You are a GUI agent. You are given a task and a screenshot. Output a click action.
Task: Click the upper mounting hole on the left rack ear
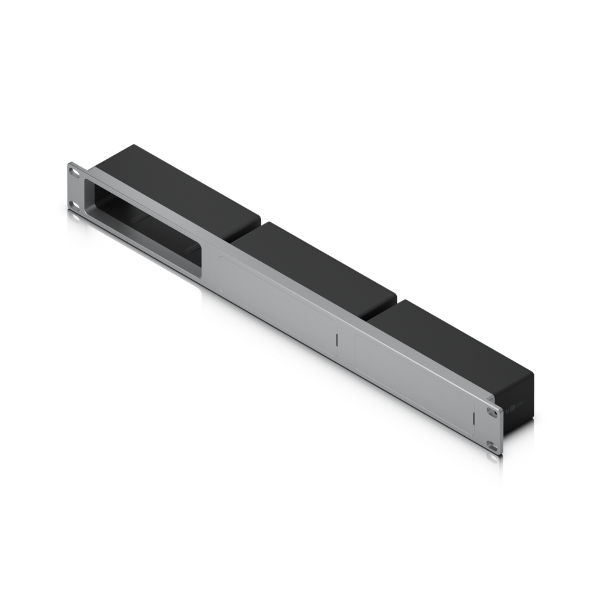[x=73, y=172]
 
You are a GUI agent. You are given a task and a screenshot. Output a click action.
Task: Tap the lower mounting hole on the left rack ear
[x=74, y=205]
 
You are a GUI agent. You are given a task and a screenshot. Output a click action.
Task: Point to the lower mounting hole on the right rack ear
[x=491, y=444]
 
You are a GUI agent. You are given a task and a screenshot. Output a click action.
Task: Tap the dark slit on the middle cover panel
[x=337, y=340]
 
